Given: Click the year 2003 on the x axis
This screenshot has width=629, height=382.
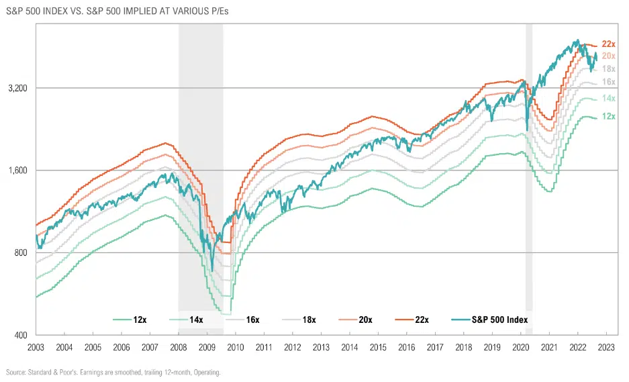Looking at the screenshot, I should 36,348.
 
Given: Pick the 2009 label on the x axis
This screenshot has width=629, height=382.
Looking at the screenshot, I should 207,348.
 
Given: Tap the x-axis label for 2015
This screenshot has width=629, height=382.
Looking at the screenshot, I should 379,348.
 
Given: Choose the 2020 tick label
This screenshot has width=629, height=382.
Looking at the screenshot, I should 522,348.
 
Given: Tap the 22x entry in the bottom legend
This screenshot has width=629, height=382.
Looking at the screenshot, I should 422,320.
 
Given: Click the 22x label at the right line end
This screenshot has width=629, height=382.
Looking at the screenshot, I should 609,44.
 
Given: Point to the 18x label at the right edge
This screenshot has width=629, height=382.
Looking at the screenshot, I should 609,69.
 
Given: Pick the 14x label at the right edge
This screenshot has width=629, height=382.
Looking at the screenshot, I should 609,99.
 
